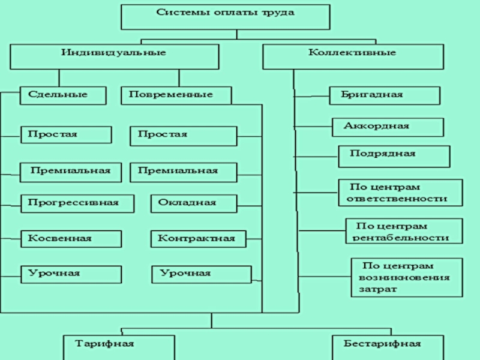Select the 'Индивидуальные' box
[113, 57]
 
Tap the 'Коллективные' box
[352, 57]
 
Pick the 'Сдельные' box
[62, 95]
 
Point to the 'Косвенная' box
[71, 239]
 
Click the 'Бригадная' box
[385, 95]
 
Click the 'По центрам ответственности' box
[400, 193]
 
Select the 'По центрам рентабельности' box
[404, 231]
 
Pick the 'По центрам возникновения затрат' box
[406, 277]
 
